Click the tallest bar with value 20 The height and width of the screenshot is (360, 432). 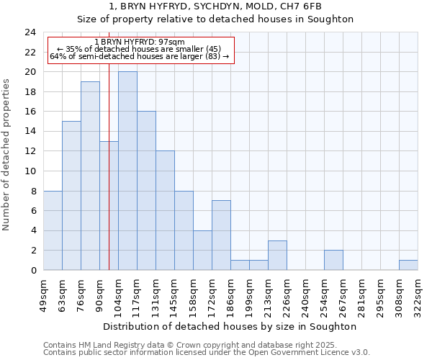point(127,171)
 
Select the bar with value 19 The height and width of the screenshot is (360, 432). point(90,176)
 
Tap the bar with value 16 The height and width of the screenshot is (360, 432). point(146,191)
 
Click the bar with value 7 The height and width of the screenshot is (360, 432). point(221,235)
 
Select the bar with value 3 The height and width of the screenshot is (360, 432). point(277,256)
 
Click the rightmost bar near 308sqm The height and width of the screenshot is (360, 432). point(408,265)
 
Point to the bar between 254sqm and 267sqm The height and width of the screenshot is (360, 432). point(333,261)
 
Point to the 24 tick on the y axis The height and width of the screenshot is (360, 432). point(30,32)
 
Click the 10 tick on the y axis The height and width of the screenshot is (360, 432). point(30,171)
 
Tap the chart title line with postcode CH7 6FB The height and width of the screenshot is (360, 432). point(215,6)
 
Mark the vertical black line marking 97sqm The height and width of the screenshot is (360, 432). point(109,180)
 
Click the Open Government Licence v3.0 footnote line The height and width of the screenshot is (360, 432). point(207,352)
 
